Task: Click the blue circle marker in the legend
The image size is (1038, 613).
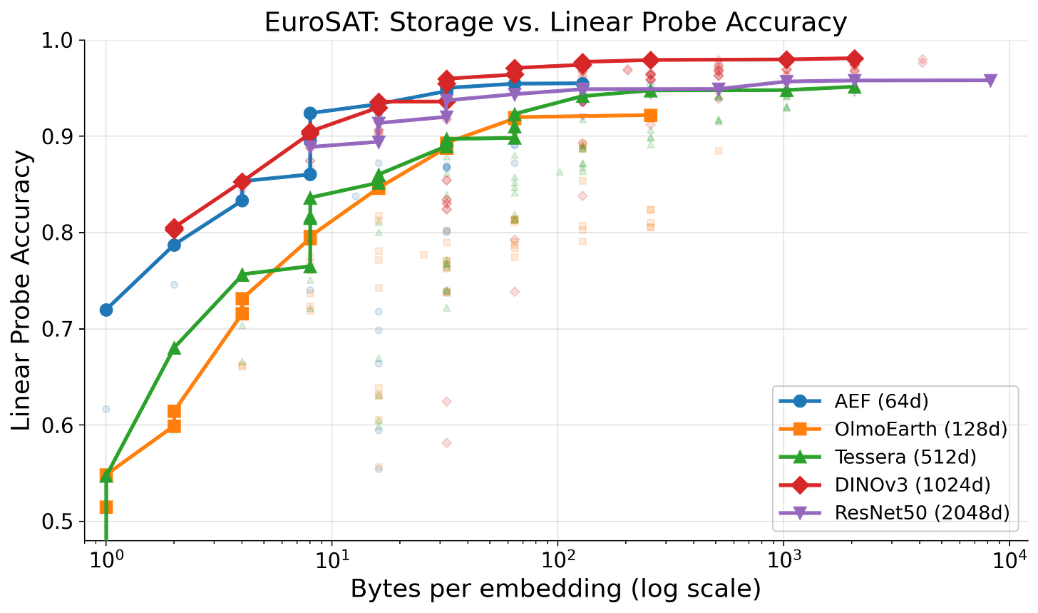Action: [800, 401]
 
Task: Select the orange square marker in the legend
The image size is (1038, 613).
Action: [800, 429]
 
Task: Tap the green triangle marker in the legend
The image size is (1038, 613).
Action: [800, 457]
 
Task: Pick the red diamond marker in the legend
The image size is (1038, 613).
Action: [800, 485]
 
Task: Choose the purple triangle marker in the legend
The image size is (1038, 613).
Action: [800, 512]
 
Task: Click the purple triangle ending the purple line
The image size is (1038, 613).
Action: [990, 80]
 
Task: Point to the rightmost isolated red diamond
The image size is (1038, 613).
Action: [923, 61]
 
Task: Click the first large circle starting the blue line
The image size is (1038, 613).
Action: [106, 310]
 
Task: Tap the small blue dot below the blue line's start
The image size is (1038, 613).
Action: [106, 409]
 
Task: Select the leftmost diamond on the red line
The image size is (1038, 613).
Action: [175, 228]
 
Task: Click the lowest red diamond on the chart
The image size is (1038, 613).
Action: [446, 443]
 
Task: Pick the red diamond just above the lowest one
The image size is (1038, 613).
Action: [446, 402]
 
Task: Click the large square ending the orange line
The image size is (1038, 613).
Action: [650, 115]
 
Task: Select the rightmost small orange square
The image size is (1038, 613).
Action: [719, 151]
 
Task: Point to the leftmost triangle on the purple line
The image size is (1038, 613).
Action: [310, 146]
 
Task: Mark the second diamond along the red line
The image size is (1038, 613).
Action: [242, 181]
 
